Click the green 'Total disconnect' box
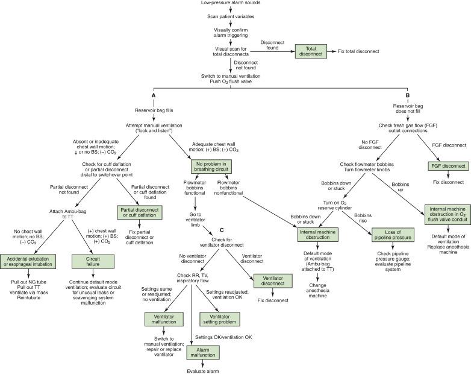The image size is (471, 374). click(310, 51)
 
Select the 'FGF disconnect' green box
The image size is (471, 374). click(448, 166)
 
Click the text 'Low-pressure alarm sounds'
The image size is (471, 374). click(231, 4)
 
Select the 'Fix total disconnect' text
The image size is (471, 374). click(358, 51)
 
